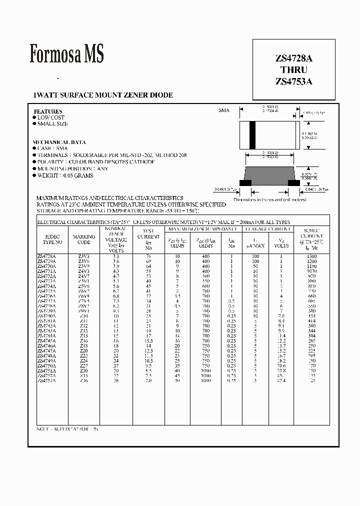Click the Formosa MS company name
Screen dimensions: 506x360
[x=66, y=54]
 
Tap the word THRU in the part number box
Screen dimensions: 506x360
[x=293, y=70]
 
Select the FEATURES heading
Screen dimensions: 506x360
[x=48, y=111]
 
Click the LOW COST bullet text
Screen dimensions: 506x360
[x=51, y=117]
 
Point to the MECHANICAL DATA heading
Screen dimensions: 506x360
[x=59, y=142]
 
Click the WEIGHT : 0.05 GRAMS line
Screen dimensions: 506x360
[x=64, y=175]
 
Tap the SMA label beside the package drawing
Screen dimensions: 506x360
[x=223, y=110]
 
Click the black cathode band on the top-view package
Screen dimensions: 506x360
[x=252, y=134]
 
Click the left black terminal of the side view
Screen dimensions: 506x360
[x=245, y=183]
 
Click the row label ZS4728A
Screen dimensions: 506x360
[x=47, y=256]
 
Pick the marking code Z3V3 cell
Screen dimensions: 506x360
[x=83, y=256]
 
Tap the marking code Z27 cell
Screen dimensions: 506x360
[x=83, y=365]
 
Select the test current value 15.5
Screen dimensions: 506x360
[x=148, y=340]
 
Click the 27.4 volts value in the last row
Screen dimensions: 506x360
[x=281, y=380]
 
